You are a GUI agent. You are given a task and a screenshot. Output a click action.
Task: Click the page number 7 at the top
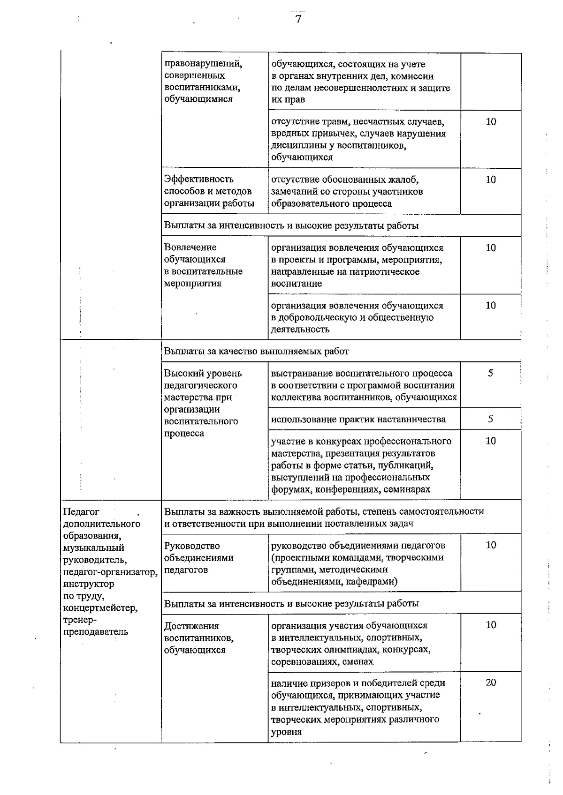(x=298, y=19)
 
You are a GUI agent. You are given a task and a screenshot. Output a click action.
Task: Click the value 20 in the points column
(x=491, y=682)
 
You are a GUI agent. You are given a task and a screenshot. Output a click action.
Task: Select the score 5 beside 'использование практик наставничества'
(x=490, y=419)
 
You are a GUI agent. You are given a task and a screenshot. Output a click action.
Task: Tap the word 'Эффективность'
(x=199, y=179)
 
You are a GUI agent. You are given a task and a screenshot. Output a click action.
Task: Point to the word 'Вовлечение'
(x=190, y=247)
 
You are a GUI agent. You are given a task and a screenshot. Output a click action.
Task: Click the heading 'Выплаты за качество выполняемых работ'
(x=257, y=351)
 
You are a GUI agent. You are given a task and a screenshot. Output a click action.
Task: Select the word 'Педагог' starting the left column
(x=81, y=511)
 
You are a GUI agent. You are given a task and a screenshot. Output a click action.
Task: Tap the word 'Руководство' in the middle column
(x=192, y=546)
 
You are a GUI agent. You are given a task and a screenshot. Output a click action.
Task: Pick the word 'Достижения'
(x=192, y=626)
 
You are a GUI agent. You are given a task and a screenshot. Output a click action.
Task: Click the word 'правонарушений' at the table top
(x=203, y=63)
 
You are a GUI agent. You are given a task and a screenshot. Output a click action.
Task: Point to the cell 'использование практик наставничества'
(x=358, y=419)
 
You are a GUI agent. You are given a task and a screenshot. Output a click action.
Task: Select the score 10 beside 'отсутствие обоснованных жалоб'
(x=491, y=180)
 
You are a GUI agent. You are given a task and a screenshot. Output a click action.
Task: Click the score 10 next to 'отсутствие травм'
(x=491, y=122)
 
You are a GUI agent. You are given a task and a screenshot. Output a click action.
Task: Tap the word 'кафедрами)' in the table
(x=373, y=582)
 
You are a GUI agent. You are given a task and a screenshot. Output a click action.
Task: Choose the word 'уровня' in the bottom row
(x=286, y=732)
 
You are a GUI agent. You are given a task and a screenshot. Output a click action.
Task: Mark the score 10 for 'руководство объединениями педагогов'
(x=491, y=545)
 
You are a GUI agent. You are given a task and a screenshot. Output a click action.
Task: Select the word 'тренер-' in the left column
(x=79, y=620)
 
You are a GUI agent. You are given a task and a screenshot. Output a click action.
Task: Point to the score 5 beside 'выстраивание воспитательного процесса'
(x=490, y=373)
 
